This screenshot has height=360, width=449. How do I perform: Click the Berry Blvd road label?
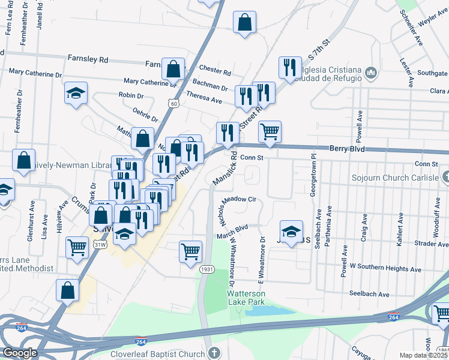347,148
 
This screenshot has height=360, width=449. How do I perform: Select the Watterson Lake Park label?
246,297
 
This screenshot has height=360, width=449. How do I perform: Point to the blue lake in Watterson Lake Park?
270,311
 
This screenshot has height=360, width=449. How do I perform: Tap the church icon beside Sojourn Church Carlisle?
445,177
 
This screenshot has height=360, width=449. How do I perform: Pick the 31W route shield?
100,244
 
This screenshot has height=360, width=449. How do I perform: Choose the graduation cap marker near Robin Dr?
76,93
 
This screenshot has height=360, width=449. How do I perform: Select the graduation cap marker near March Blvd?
291,232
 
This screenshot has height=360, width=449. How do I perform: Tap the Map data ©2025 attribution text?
423,355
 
